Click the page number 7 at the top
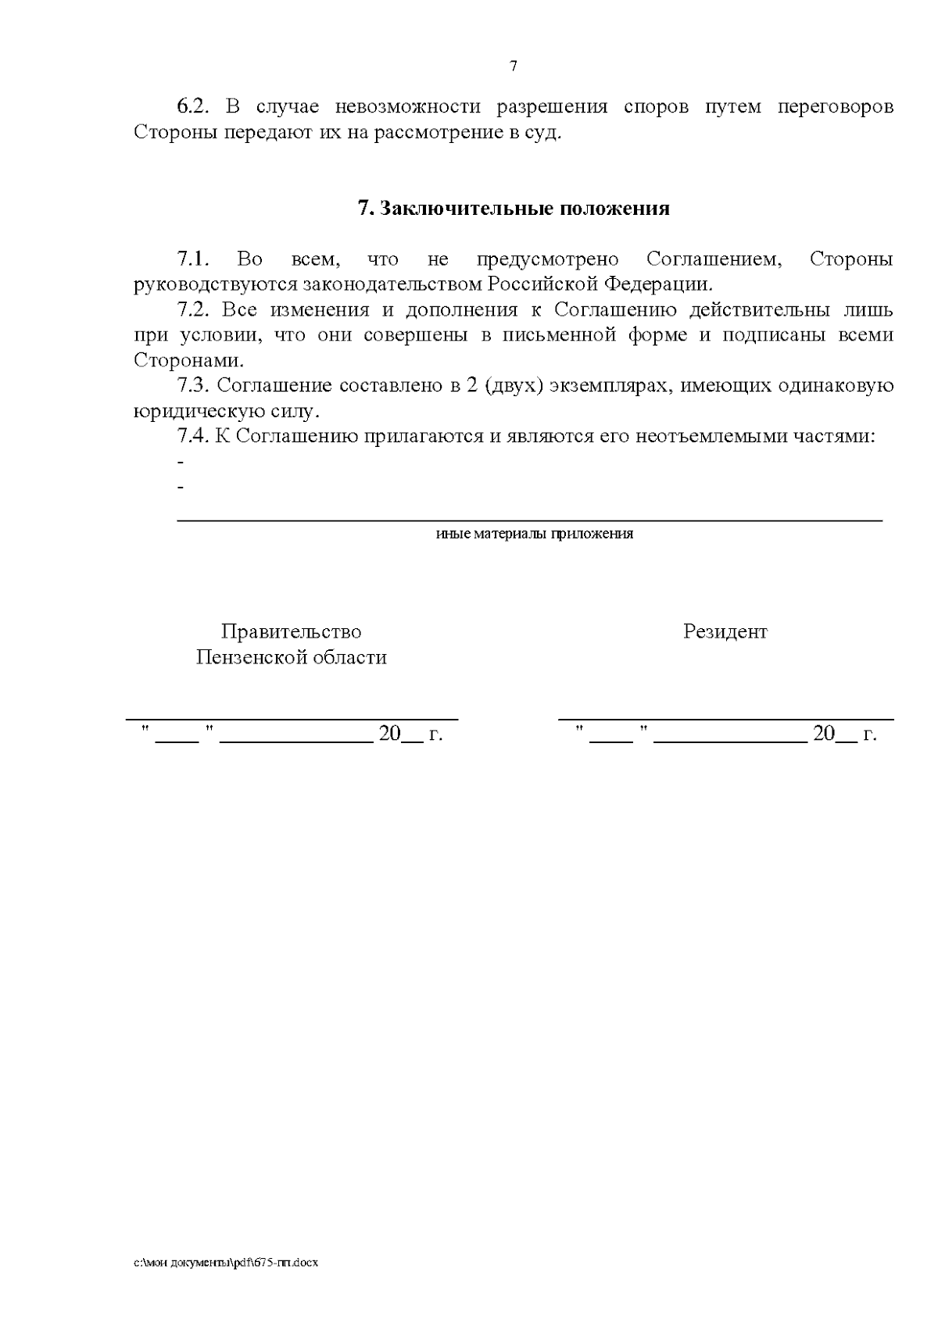coord(513,66)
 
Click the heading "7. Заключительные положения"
coord(513,209)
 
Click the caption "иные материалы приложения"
coord(534,534)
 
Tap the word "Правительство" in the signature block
coord(291,631)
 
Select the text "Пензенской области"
coord(291,657)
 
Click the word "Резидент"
coord(725,631)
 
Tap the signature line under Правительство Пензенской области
coord(292,717)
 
